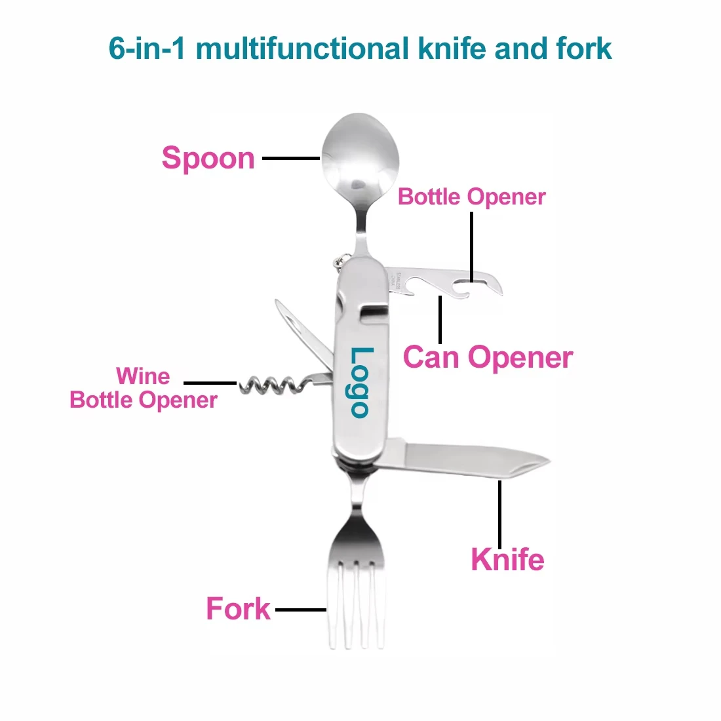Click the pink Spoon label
tap(208, 159)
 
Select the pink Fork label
tap(238, 609)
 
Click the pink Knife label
tap(507, 560)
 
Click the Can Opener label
tap(488, 358)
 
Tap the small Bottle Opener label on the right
tap(471, 197)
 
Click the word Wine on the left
tap(143, 376)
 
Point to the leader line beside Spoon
tap(291, 158)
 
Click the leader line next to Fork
tap(301, 610)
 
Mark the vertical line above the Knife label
tap(500, 515)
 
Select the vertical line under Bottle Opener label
tap(471, 246)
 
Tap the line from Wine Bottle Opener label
tap(210, 383)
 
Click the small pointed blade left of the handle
tap(298, 328)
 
